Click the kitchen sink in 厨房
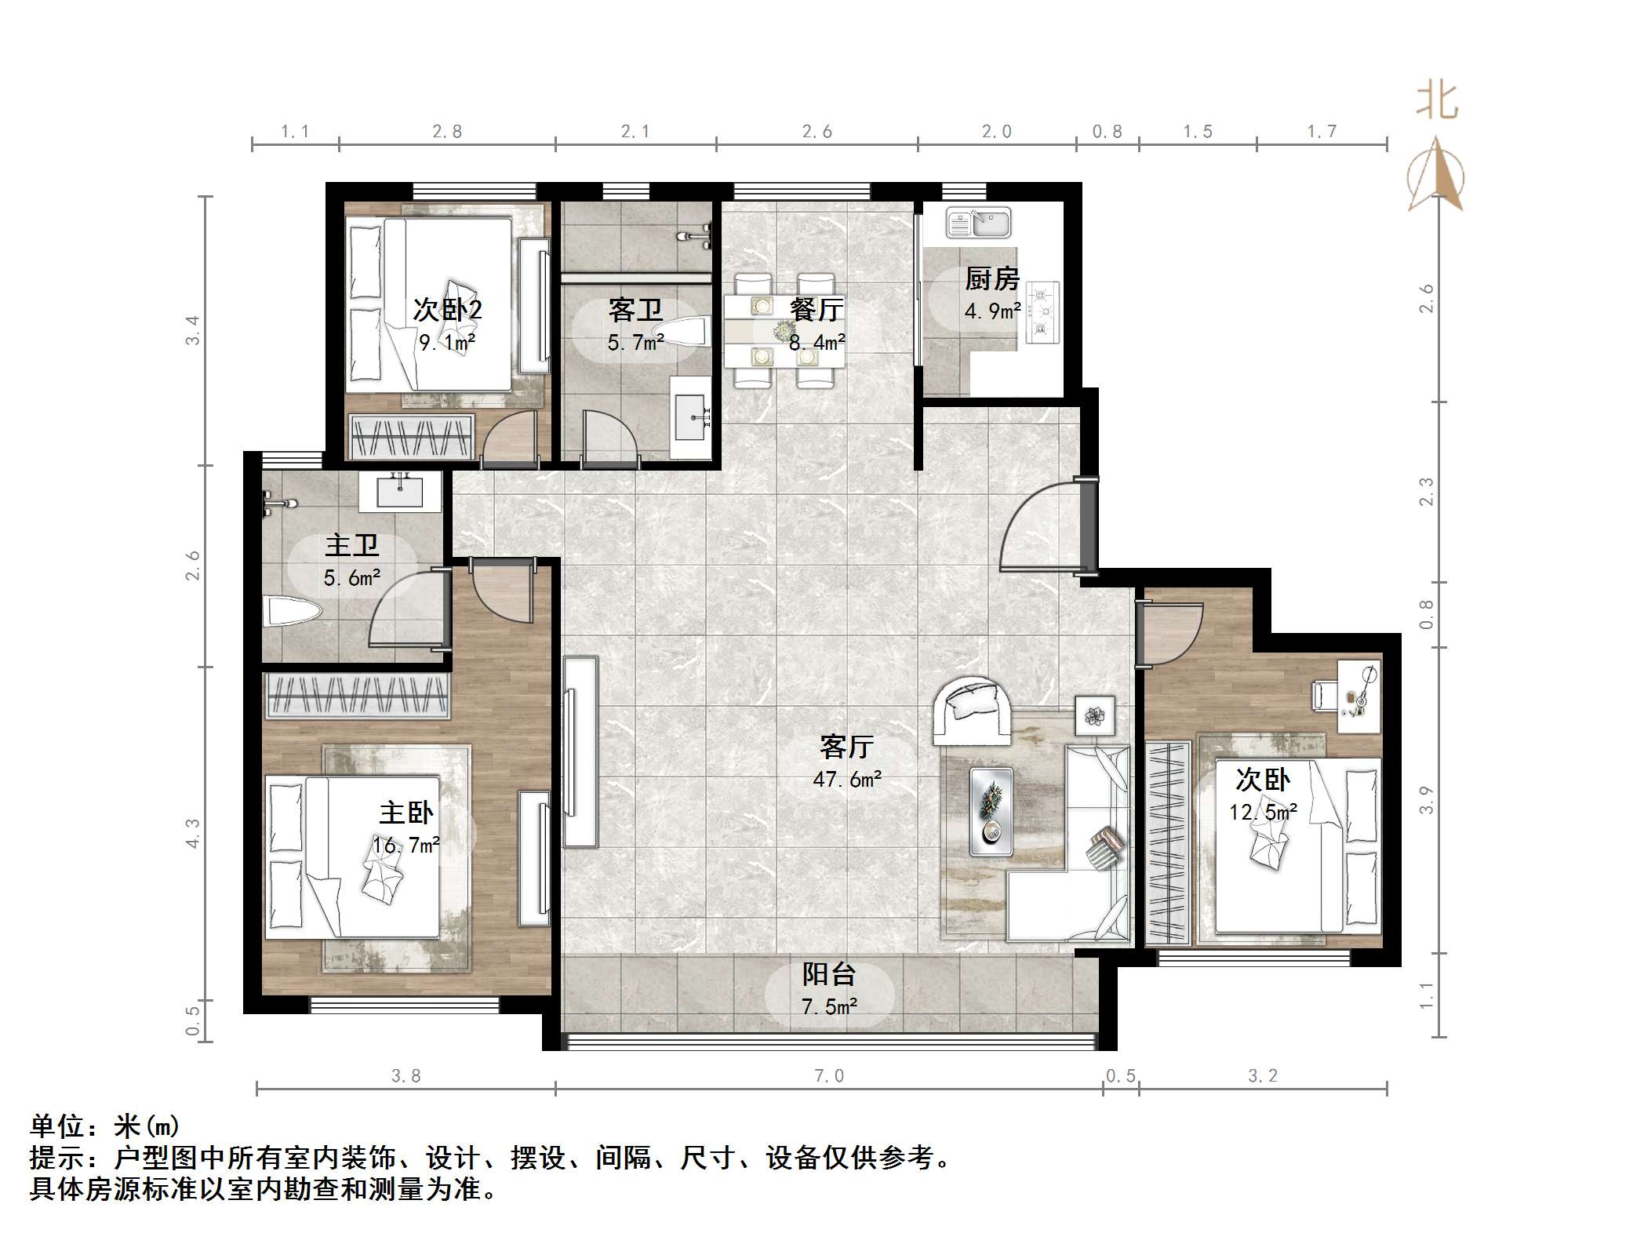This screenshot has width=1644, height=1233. pyautogui.click(x=978, y=223)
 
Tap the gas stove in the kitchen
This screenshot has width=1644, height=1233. pyautogui.click(x=1043, y=312)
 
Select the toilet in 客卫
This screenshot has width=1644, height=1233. pyautogui.click(x=682, y=332)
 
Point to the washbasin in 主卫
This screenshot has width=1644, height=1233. pyautogui.click(x=400, y=492)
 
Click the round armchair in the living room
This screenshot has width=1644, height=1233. pyautogui.click(x=971, y=710)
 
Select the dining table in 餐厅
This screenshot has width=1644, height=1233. pyautogui.click(x=784, y=330)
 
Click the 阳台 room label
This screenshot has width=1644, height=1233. pyautogui.click(x=828, y=974)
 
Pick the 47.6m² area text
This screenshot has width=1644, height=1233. pyautogui.click(x=847, y=780)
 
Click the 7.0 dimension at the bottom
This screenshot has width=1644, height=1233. pyautogui.click(x=829, y=1076)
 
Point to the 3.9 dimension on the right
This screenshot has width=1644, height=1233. pyautogui.click(x=1426, y=799)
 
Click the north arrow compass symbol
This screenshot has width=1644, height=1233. pyautogui.click(x=1435, y=177)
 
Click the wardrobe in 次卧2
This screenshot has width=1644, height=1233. pyautogui.click(x=412, y=437)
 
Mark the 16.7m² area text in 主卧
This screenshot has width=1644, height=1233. pyautogui.click(x=406, y=846)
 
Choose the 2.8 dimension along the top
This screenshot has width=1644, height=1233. pyautogui.click(x=447, y=132)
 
